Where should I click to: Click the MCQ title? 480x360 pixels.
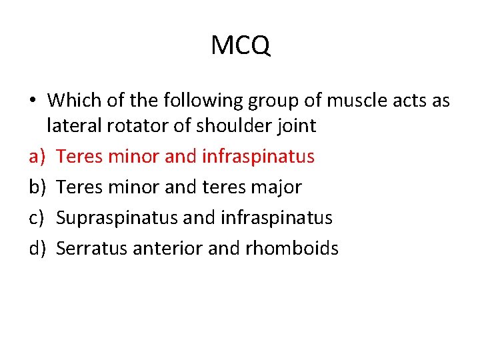coord(240,46)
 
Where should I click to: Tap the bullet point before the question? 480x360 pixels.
coord(32,101)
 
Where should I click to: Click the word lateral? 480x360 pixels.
coord(72,126)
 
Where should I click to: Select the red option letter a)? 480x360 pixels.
coord(37,157)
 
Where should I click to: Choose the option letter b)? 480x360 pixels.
coord(37,187)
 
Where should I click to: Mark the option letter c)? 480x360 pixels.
coord(37,218)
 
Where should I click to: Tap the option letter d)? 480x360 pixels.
coord(37,249)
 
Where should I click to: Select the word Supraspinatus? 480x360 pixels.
coord(108,218)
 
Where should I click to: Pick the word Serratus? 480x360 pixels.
coord(92,249)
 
